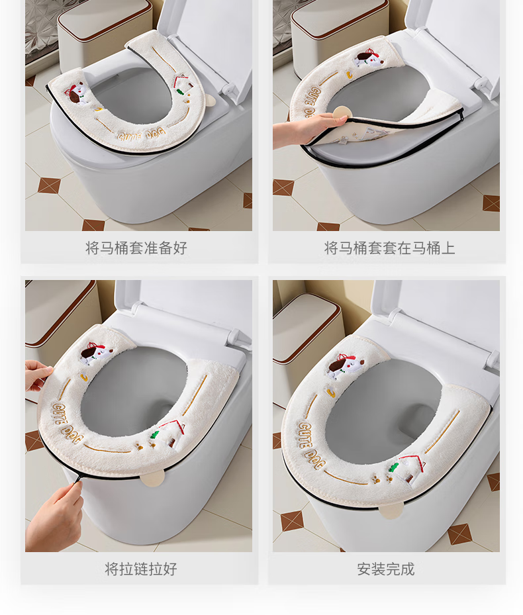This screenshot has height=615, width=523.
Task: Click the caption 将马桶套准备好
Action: coord(136,248)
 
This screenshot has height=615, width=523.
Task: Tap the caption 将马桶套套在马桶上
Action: coord(389,248)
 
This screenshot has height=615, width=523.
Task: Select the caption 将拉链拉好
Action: coord(141,569)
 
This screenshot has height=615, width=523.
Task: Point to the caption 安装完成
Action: coord(386,569)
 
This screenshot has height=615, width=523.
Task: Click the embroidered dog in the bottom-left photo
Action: coord(96,354)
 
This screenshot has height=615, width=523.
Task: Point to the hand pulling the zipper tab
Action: coord(56,514)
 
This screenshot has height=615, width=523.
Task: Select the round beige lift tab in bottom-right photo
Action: coord(393,510)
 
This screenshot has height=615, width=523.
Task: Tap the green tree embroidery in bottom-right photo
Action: coord(393,467)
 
